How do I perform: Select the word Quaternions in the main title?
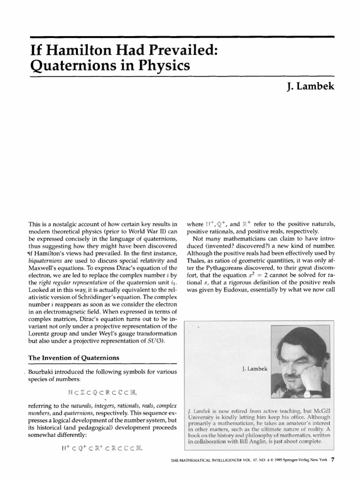pyautogui.click(x=68, y=65)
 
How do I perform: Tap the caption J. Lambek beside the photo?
pyautogui.click(x=254, y=369)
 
